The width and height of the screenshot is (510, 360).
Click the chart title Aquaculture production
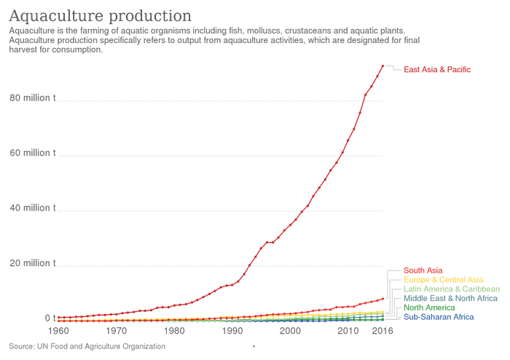101,15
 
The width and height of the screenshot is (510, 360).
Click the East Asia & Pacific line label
437,70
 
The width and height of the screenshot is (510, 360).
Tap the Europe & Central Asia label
443,279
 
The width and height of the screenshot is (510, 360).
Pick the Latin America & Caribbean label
451,289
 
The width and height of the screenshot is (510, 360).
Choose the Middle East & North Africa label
450,299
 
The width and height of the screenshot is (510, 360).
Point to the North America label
428,308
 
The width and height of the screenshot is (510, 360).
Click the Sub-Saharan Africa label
439,318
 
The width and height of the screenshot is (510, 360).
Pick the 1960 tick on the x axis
60,331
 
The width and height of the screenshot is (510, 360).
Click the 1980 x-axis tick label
175,331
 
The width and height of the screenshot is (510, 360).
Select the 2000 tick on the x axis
291,331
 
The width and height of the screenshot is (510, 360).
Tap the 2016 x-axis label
383,331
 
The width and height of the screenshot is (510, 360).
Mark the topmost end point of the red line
383,65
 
